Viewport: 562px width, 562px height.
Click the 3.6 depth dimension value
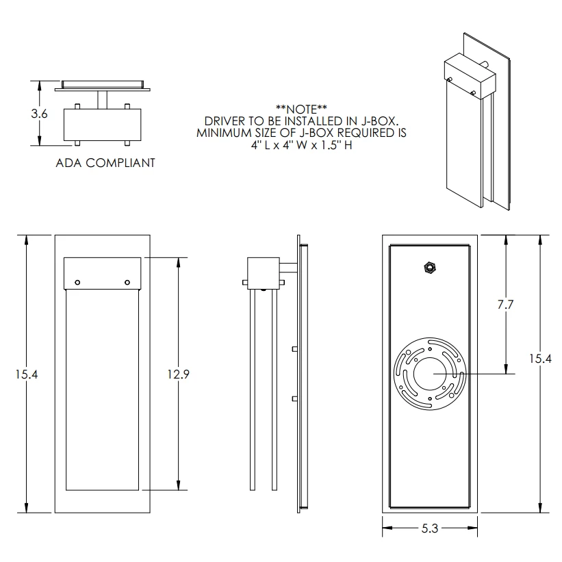(39, 114)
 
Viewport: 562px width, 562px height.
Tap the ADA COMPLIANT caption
(105, 163)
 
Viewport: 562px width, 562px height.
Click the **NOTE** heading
(301, 109)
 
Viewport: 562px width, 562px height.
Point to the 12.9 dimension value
(178, 374)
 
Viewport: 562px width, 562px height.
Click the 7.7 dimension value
(505, 305)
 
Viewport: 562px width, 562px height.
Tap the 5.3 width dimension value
(430, 528)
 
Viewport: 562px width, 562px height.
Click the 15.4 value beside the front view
(27, 374)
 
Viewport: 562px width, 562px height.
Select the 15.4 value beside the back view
(541, 359)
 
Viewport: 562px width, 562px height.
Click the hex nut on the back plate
(429, 268)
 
